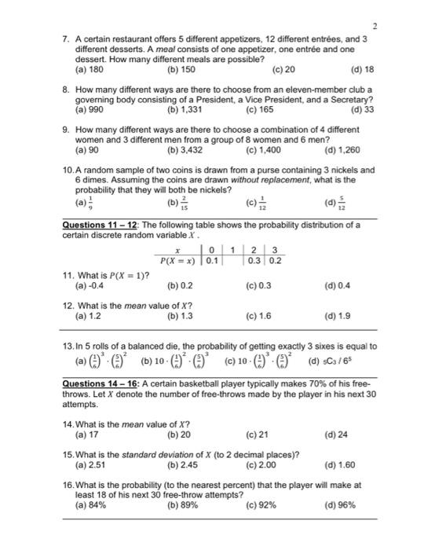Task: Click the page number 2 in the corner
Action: pos(375,25)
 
